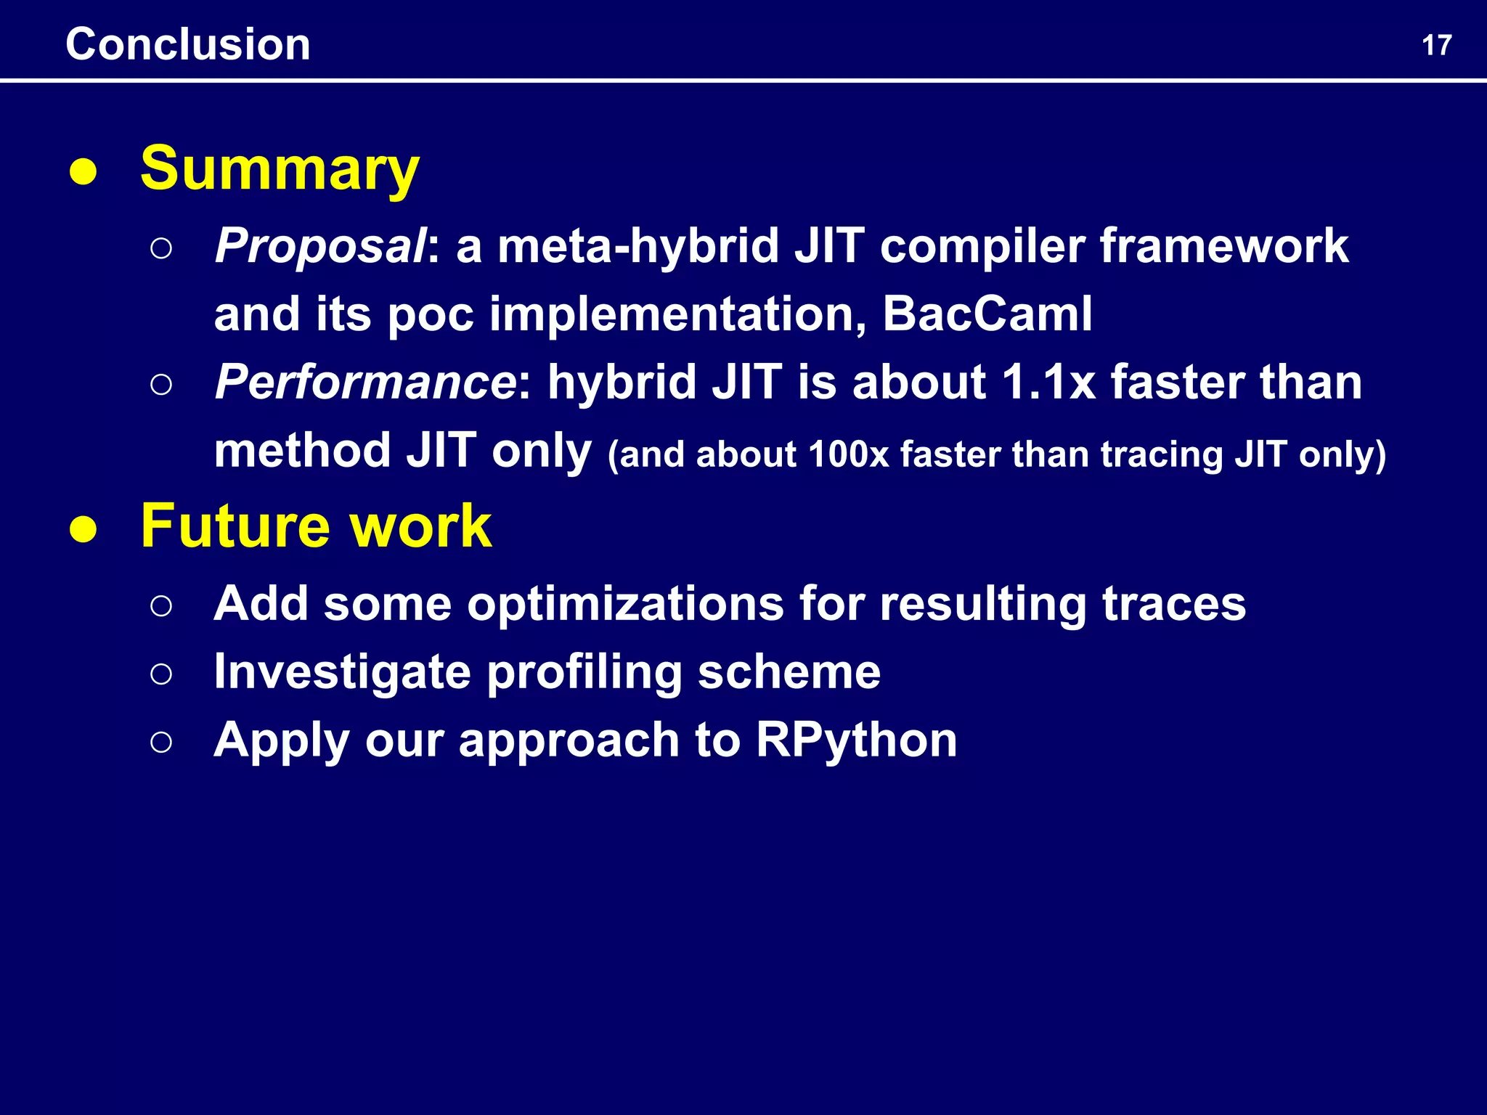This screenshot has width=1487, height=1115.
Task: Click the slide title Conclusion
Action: point(188,44)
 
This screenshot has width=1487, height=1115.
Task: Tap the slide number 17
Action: point(1436,46)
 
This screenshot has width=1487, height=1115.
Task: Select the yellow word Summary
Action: point(280,169)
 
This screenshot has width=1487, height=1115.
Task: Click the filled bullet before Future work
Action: point(83,530)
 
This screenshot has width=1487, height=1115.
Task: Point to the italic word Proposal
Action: point(319,247)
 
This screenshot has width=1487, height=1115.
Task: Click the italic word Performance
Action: point(365,382)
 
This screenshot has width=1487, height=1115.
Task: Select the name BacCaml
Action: point(987,314)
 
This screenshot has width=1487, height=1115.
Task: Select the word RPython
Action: point(856,740)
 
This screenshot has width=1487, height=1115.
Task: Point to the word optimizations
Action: point(625,604)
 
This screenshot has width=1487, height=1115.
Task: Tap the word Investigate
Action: point(342,672)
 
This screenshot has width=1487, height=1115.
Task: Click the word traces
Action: point(1173,604)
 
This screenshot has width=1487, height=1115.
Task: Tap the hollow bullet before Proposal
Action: point(161,248)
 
